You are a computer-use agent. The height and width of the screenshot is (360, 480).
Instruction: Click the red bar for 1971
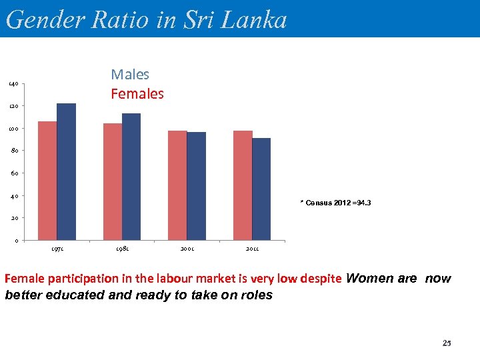pos(47,180)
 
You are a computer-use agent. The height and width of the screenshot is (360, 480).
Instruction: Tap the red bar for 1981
pos(113,181)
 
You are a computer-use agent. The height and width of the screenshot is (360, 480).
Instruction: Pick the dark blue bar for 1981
pos(131,176)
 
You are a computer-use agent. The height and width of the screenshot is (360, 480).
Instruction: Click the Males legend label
pos(130,75)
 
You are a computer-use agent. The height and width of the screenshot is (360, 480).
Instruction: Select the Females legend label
pos(137,94)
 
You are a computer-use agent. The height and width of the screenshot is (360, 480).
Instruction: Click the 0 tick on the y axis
pos(15,241)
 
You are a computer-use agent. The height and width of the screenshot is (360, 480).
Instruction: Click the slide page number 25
pos(447,343)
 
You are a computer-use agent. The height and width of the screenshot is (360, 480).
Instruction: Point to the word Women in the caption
pos(370,279)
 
